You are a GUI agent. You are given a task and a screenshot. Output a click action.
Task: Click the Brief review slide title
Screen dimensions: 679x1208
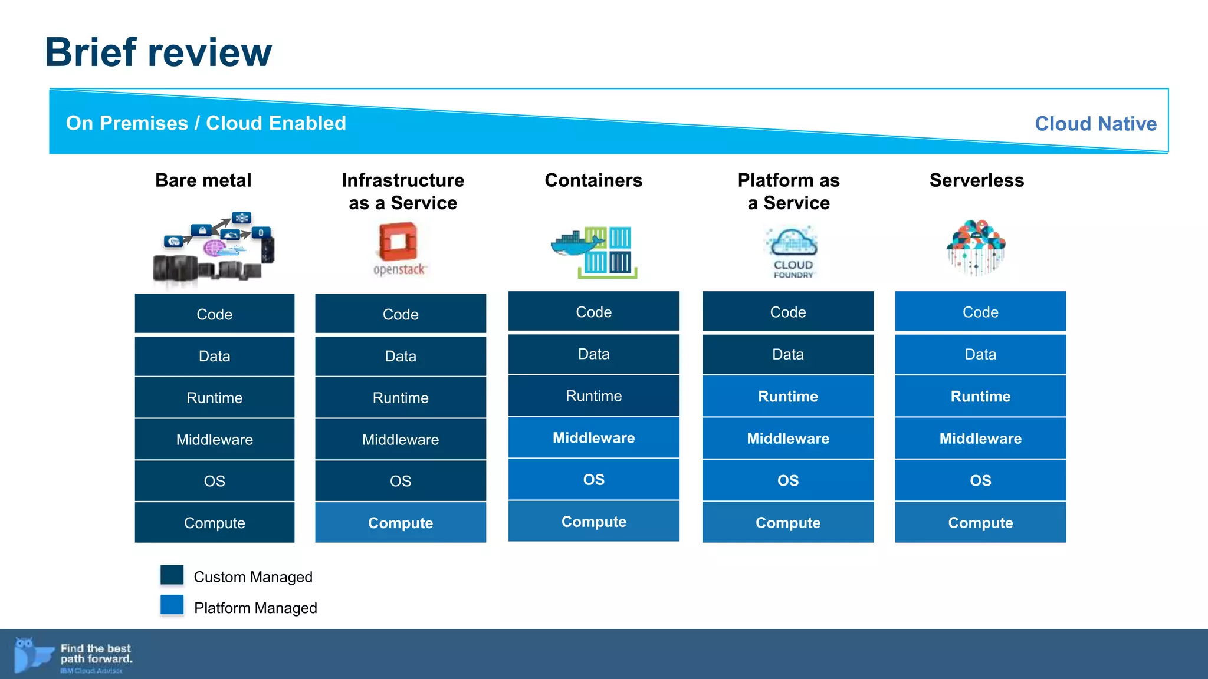point(158,52)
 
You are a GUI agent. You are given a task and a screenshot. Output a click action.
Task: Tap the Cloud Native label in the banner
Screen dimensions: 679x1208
point(1095,124)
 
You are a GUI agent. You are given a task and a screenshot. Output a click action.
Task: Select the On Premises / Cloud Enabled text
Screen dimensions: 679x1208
point(206,123)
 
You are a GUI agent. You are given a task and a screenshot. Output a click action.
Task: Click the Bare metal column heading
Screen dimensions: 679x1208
point(203,180)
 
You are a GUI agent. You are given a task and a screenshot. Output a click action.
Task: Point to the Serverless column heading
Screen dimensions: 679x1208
point(976,180)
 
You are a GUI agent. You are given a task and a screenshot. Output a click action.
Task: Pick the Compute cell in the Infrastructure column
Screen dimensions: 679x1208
point(401,523)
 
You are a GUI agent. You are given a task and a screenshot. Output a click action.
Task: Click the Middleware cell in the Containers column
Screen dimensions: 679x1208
point(593,438)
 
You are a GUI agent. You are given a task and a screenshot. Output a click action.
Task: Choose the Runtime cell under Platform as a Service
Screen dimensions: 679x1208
point(787,397)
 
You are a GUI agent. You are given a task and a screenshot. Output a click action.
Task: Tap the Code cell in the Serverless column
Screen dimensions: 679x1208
point(980,312)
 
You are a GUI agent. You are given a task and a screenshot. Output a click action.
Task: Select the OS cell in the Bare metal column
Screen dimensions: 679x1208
point(214,481)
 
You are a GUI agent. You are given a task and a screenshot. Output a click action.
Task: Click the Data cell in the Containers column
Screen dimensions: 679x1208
point(593,354)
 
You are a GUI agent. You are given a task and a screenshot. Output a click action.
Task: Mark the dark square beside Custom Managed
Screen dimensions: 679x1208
point(172,575)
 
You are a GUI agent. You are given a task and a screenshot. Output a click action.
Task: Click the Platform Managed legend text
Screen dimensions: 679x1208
point(255,608)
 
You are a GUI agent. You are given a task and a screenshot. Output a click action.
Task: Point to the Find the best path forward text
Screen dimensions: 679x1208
point(96,654)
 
